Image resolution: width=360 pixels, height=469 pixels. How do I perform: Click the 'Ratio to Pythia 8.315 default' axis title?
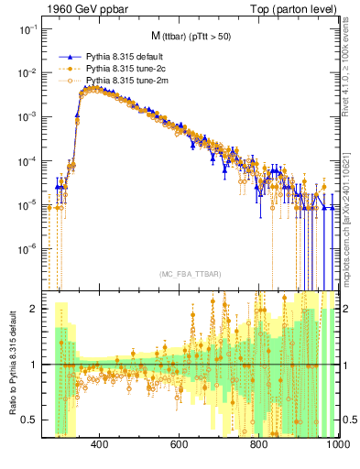point(10,362)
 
